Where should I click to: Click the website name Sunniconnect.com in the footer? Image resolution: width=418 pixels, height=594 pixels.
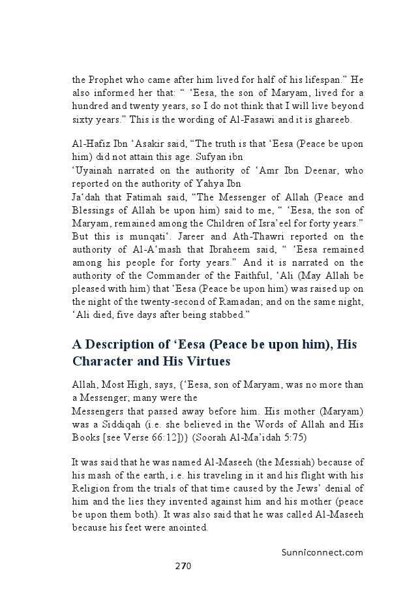click(322, 552)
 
